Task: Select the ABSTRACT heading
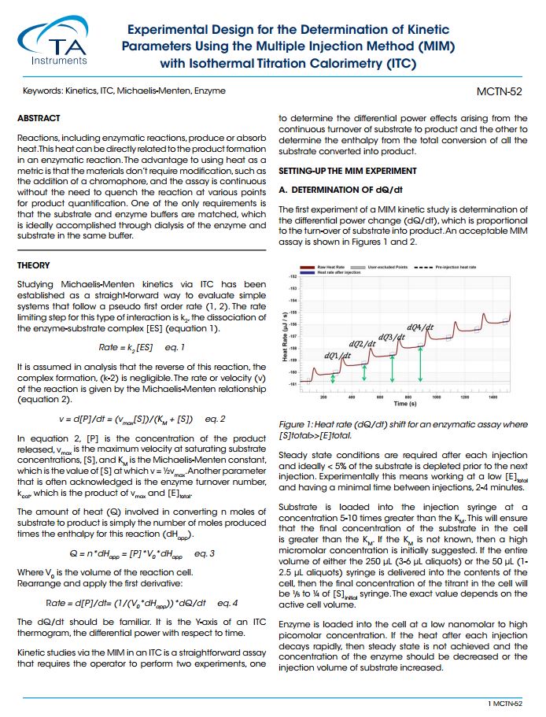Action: point(39,118)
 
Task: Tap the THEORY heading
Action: point(34,266)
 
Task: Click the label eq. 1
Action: point(175,347)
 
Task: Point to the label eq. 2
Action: point(215,419)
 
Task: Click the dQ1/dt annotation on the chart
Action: point(337,355)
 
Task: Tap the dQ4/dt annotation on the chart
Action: point(420,327)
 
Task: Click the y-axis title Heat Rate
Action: point(285,339)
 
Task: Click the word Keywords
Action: point(41,91)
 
